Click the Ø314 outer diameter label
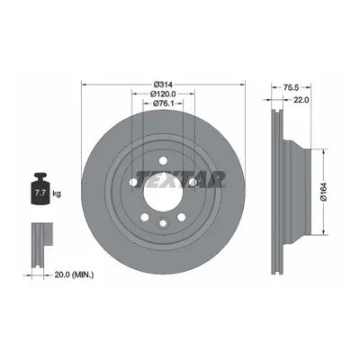[163, 85]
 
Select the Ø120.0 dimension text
[163, 94]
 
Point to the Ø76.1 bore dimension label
[163, 103]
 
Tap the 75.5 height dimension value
[291, 87]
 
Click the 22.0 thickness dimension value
[301, 100]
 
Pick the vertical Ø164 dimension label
[323, 192]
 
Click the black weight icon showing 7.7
[40, 189]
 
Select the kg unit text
[57, 193]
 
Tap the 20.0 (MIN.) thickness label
[74, 274]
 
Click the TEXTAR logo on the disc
[180, 179]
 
